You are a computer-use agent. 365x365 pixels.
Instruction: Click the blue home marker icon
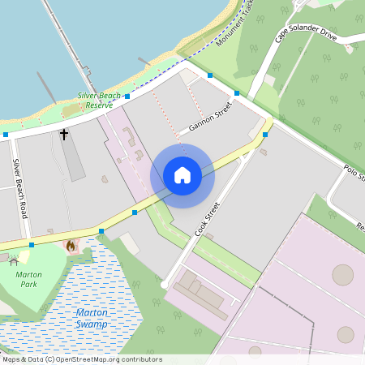[182, 175]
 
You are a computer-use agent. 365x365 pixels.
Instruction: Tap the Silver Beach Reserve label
[100, 101]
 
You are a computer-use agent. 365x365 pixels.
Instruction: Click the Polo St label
[354, 173]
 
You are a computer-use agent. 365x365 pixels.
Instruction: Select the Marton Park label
[28, 280]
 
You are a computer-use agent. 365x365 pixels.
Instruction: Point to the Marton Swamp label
[91, 318]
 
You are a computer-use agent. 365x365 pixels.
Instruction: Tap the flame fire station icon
[71, 244]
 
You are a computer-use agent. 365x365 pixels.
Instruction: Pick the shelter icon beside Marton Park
[13, 261]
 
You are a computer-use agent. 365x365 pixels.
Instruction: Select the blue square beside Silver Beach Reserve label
[127, 96]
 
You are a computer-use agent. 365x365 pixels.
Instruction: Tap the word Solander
[309, 32]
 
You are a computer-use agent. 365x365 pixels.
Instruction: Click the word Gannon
[201, 123]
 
